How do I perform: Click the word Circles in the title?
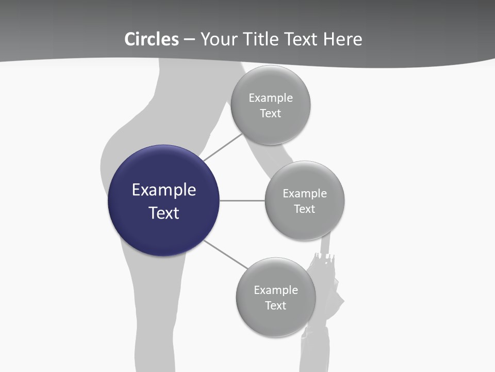pos(151,39)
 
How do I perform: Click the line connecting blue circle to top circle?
pos(223,147)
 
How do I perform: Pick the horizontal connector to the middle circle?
pos(242,200)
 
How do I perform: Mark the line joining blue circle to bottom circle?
pos(226,255)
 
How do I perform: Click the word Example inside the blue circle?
pos(164,190)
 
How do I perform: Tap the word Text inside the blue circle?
pos(164,213)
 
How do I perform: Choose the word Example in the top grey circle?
pos(271,98)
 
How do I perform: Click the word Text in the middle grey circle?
pos(305,209)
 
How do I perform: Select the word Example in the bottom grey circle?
pos(276,290)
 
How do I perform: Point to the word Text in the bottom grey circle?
pos(276,306)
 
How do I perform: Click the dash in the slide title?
pos(189,39)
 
